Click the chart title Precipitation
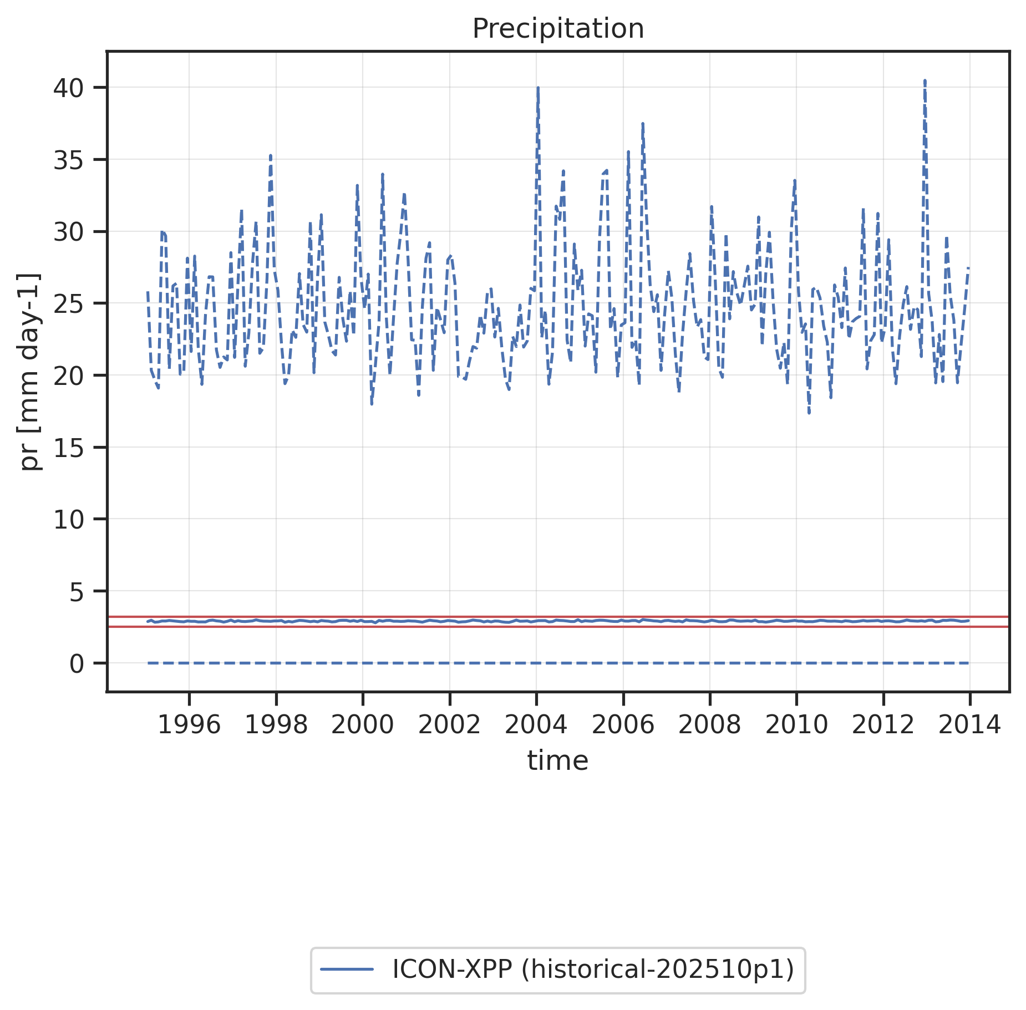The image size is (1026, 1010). [x=557, y=29]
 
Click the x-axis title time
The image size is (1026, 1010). [x=557, y=760]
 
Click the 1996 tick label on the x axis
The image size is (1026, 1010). [x=189, y=725]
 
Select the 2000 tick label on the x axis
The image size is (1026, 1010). [x=363, y=725]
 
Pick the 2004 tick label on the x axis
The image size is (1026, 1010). [x=536, y=725]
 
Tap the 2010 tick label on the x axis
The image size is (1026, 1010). [x=796, y=725]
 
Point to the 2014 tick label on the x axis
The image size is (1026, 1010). [x=969, y=725]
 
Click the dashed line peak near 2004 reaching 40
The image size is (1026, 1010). [x=538, y=88]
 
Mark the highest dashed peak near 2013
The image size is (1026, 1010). [x=925, y=81]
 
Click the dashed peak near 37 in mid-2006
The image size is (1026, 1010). [x=642, y=124]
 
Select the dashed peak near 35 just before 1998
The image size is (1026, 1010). [x=271, y=156]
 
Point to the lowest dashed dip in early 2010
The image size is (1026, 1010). [x=810, y=413]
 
